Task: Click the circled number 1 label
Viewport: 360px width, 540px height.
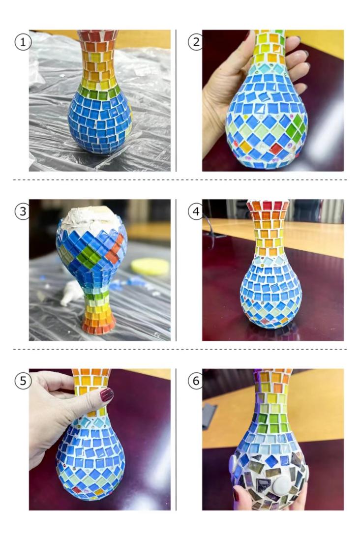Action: pyautogui.click(x=23, y=42)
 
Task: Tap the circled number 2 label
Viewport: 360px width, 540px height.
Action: pyautogui.click(x=196, y=42)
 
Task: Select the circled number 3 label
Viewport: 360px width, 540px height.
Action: pyautogui.click(x=23, y=211)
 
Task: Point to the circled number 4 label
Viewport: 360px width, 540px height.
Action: pyautogui.click(x=196, y=211)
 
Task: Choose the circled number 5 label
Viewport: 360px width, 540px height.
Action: pyautogui.click(x=23, y=381)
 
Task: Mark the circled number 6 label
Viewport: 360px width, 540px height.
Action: pyautogui.click(x=196, y=381)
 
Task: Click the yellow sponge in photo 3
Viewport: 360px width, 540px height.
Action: pyautogui.click(x=150, y=267)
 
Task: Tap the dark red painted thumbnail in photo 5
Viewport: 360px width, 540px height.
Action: pyautogui.click(x=107, y=394)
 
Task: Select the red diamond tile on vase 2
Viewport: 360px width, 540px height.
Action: pyautogui.click(x=276, y=149)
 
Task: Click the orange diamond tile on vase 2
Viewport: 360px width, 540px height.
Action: pyautogui.click(x=245, y=147)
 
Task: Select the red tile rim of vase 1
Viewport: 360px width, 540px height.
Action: pyautogui.click(x=98, y=35)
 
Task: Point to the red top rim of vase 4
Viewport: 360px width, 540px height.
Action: pyautogui.click(x=268, y=206)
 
